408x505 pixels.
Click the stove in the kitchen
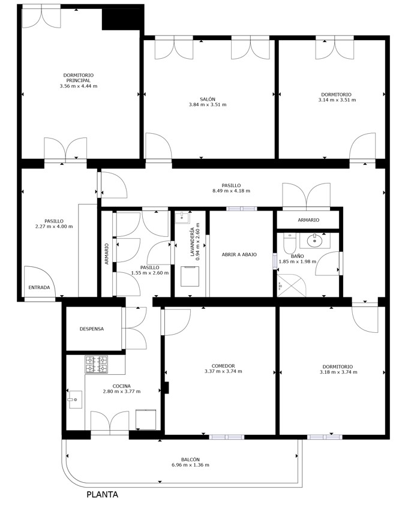click(x=96, y=364)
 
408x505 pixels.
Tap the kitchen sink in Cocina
click(x=75, y=399)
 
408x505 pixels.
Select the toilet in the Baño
click(x=289, y=244)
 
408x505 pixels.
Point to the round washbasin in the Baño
click(x=313, y=241)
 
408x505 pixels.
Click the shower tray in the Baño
click(x=292, y=285)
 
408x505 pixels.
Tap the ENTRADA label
click(x=40, y=287)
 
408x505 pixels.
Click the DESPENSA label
click(x=92, y=329)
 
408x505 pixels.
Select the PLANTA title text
click(x=103, y=494)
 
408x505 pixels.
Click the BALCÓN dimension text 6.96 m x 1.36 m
click(x=190, y=465)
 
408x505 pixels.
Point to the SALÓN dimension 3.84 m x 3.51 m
click(x=208, y=104)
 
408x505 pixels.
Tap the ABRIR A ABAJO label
click(x=239, y=254)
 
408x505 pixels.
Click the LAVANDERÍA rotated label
click(x=193, y=242)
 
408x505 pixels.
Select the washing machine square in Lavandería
click(x=190, y=276)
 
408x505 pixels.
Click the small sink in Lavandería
click(x=182, y=218)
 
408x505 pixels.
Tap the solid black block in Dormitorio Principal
click(x=123, y=18)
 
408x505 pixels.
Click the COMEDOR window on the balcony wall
click(x=227, y=437)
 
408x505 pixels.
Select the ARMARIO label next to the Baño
click(x=308, y=220)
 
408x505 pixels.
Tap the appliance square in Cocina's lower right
click(x=146, y=419)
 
